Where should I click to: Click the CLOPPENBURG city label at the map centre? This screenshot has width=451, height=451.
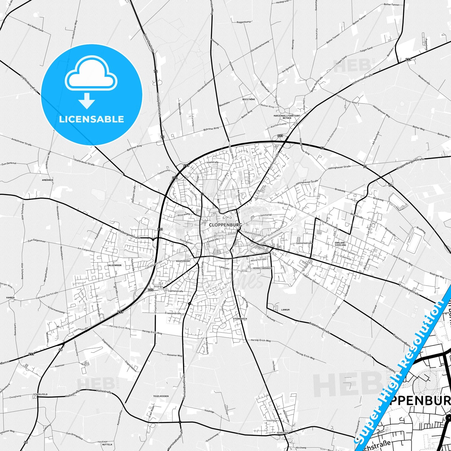(225, 225)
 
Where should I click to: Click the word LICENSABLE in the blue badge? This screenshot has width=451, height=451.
(91, 119)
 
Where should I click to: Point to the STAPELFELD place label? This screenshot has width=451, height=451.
(40, 394)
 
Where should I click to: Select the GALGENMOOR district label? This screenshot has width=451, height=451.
(115, 265)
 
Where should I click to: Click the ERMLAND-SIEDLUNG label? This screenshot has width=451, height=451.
(340, 244)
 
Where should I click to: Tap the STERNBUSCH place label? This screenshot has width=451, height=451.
(240, 319)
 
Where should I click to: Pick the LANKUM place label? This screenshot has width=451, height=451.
(285, 310)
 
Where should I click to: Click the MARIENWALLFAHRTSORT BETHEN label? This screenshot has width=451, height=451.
(287, 117)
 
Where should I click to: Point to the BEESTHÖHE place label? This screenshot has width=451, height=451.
(249, 99)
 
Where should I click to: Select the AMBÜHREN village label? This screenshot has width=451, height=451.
(47, 180)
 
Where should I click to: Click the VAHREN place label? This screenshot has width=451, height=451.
(10, 298)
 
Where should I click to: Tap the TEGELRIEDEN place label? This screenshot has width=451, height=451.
(161, 396)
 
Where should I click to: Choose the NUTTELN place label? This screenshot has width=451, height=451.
(107, 444)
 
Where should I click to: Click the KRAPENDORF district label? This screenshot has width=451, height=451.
(183, 261)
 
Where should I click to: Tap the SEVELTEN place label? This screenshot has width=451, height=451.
(282, 433)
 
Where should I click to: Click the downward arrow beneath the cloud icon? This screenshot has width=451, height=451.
(87, 101)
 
